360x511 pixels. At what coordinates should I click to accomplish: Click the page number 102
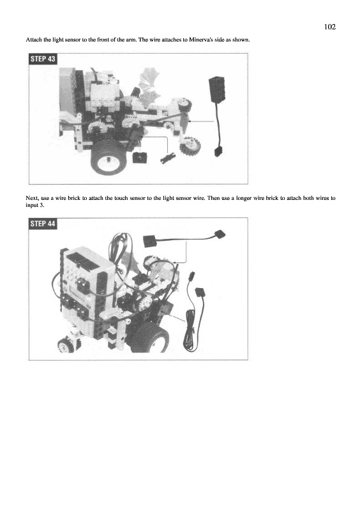pyautogui.click(x=330, y=27)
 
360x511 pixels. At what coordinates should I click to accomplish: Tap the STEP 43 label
pyautogui.click(x=43, y=59)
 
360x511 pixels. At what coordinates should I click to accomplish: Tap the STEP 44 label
pyautogui.click(x=43, y=224)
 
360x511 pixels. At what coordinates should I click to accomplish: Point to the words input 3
pyautogui.click(x=35, y=205)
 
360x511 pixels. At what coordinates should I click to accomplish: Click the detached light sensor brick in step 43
pyautogui.click(x=216, y=89)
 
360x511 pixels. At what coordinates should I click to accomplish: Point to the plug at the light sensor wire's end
pyautogui.click(x=218, y=152)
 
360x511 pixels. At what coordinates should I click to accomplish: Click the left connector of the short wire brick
pyautogui.click(x=150, y=241)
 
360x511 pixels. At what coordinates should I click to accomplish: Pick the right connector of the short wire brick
pyautogui.click(x=220, y=234)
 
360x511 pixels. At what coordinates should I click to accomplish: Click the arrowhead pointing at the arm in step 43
pyautogui.click(x=190, y=121)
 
